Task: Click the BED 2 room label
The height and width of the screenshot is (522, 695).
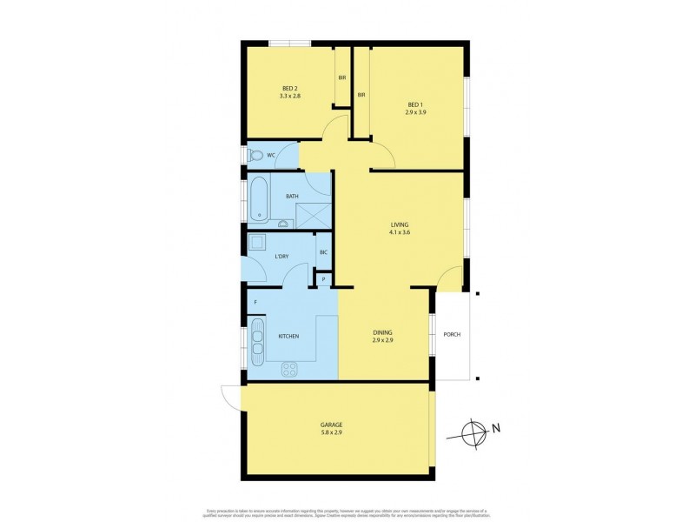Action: point(290,88)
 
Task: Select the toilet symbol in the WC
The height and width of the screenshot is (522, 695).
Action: point(255,156)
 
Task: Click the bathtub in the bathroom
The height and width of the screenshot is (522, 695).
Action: point(258,199)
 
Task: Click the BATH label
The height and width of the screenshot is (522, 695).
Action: point(292,196)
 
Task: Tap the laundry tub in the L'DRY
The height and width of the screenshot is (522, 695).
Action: point(257,243)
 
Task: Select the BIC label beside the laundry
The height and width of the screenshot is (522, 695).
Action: point(322,253)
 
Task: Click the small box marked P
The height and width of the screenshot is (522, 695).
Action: point(323,278)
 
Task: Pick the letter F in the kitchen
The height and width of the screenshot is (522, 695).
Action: point(255,303)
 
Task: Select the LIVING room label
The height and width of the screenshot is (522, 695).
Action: point(399,224)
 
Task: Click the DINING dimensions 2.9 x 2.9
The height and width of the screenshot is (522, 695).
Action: point(383,339)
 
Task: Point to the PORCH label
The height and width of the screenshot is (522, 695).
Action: point(452,334)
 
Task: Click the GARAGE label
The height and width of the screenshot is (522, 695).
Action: point(334,425)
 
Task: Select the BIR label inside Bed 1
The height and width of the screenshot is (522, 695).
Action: point(360,95)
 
